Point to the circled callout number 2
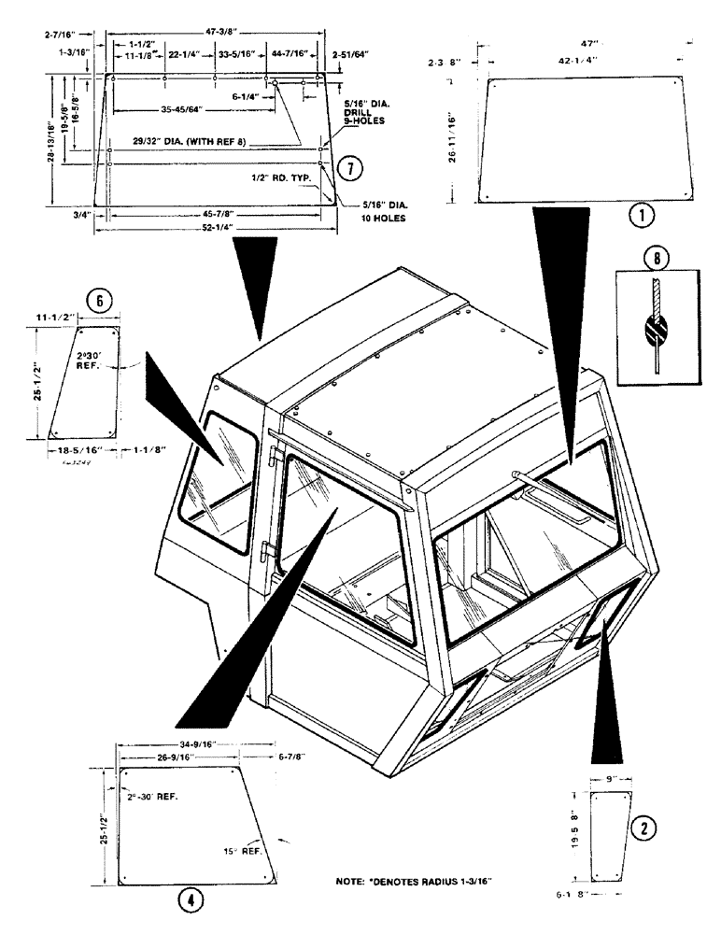[642, 827]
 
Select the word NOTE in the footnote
[352, 881]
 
